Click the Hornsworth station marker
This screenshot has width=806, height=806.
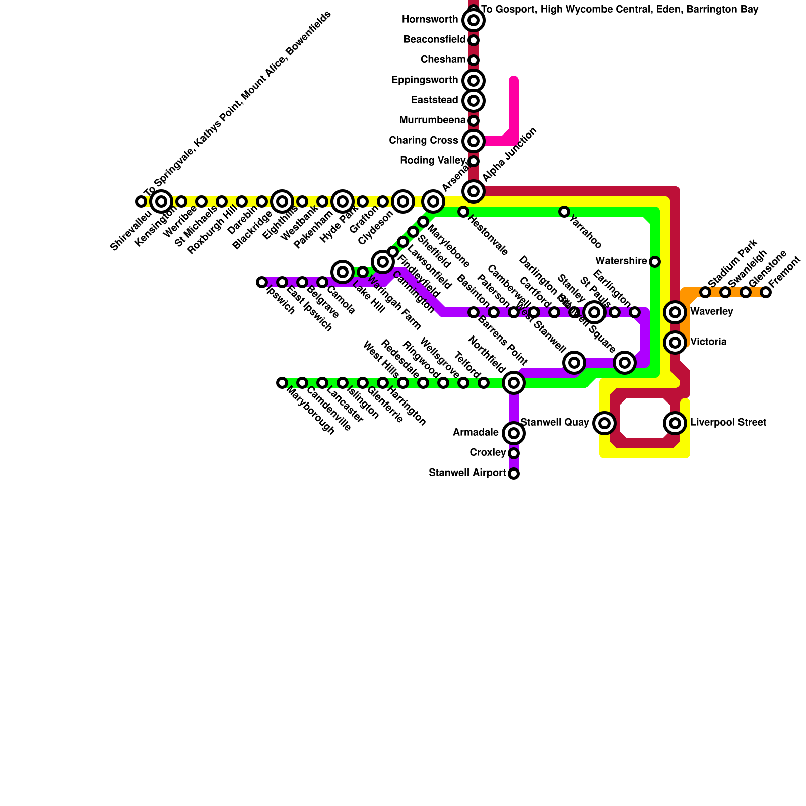click(473, 20)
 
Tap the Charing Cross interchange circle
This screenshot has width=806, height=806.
click(473, 141)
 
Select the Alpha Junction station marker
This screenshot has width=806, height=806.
click(473, 191)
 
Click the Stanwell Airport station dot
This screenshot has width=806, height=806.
click(513, 474)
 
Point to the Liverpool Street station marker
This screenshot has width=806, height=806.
click(675, 423)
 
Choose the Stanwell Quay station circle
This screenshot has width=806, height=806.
click(604, 423)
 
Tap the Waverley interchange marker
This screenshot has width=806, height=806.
click(675, 312)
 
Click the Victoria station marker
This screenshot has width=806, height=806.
click(675, 343)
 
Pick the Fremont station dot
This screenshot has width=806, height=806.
click(766, 292)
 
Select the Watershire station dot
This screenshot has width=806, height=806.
click(655, 262)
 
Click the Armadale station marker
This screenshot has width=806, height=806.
click(513, 433)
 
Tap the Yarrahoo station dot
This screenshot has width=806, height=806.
click(564, 212)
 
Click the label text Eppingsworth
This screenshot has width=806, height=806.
click(425, 80)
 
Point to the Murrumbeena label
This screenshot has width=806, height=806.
click(432, 120)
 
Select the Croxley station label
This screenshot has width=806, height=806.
click(487, 453)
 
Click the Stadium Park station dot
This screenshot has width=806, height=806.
click(705, 292)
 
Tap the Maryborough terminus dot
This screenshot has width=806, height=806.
click(282, 383)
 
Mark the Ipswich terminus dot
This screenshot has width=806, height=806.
click(262, 282)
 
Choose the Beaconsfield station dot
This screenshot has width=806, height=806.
click(473, 40)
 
